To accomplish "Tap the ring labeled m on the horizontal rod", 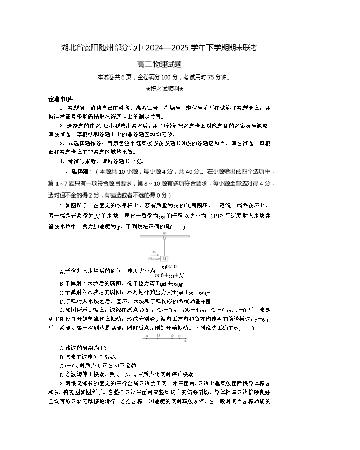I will (x=165, y=236).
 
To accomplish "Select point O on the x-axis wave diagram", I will (x=158, y=338).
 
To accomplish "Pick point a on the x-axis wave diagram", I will (x=147, y=338).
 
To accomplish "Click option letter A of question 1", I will (x=61, y=272).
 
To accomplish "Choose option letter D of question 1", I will (x=61, y=301).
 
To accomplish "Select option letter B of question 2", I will (x=61, y=357).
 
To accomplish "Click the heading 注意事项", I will (x=61, y=99).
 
